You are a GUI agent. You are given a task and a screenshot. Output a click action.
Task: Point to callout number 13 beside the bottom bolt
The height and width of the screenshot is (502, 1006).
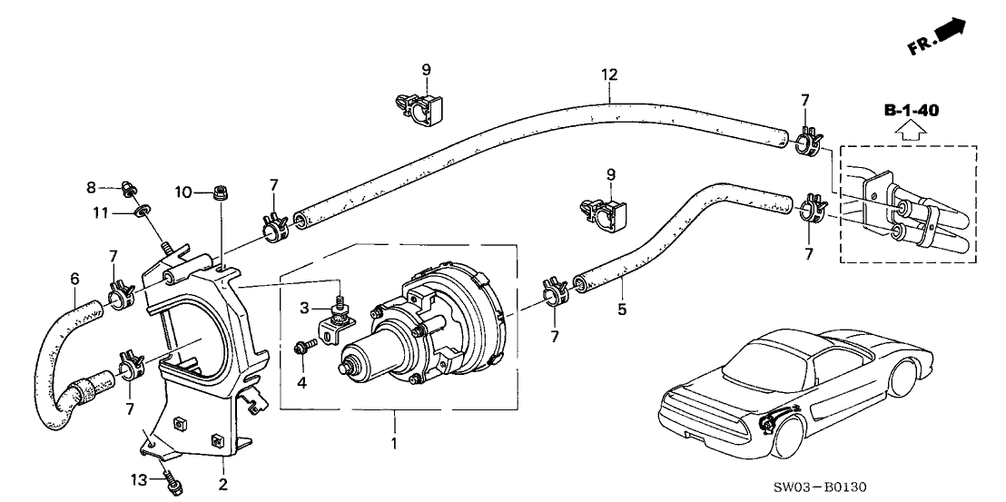point(139,478)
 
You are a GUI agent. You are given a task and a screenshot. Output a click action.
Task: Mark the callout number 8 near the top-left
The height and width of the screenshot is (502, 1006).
point(92,187)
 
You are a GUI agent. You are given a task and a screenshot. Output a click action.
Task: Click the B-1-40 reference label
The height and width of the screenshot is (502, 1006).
point(911,111)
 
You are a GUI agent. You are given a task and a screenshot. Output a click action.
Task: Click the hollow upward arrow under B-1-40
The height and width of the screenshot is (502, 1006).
point(911,131)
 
